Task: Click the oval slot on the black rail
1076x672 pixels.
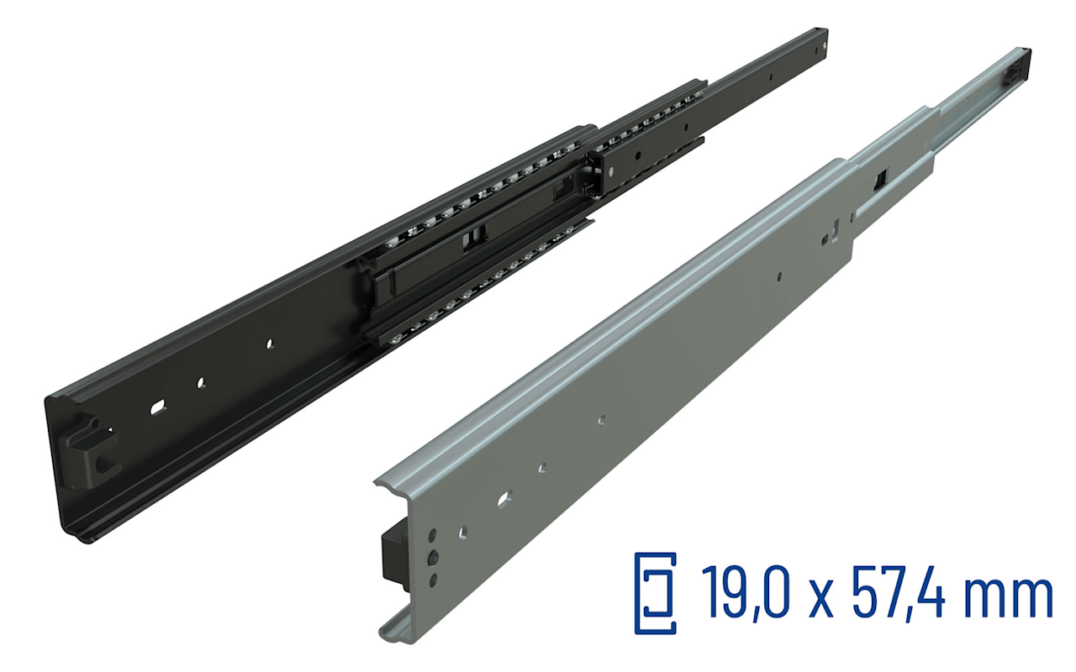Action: click(x=157, y=407)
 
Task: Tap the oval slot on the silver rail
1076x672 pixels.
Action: click(x=504, y=500)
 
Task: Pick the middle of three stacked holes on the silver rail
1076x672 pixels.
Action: click(x=433, y=558)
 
